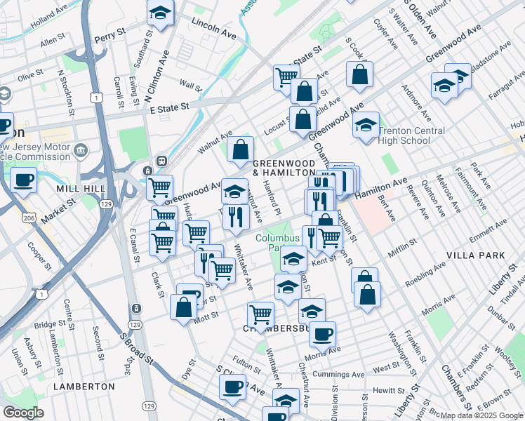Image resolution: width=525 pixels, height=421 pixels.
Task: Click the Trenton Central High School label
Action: click(411, 135)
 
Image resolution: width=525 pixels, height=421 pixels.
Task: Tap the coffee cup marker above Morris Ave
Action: click(322, 333)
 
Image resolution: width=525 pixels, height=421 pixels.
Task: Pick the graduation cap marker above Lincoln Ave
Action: click(160, 12)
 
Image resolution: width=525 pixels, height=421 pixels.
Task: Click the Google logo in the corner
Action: click(24, 413)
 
